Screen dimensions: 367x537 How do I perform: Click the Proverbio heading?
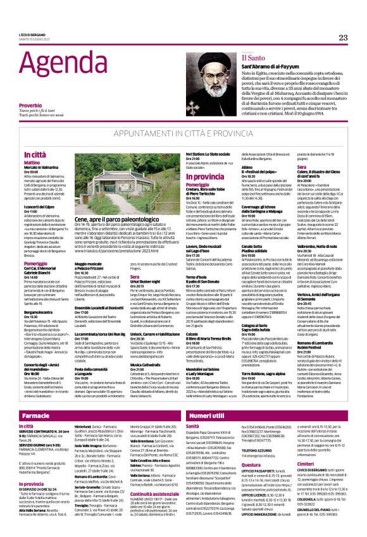(30, 105)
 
